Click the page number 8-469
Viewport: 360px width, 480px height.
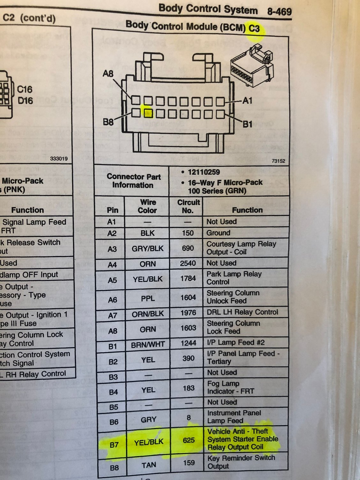click(279, 12)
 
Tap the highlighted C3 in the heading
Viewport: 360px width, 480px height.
click(254, 29)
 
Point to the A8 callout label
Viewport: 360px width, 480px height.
click(108, 74)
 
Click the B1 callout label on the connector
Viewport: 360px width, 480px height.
click(248, 124)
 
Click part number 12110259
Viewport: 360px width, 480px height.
click(204, 172)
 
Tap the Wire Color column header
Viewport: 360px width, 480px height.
click(148, 206)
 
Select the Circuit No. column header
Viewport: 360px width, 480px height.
click(188, 206)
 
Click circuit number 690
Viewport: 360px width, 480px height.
click(188, 248)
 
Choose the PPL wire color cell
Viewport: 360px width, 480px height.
click(148, 298)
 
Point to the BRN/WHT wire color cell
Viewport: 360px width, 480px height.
click(148, 344)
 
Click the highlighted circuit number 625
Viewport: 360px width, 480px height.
click(189, 440)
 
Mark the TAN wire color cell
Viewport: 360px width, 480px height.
click(149, 465)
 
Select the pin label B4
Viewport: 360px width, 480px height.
click(113, 392)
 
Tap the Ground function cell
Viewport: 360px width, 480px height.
click(218, 233)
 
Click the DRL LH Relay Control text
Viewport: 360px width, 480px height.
click(242, 312)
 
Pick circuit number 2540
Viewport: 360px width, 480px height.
click(188, 263)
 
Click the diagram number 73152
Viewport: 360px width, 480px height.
click(278, 161)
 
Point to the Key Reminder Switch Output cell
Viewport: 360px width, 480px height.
click(241, 462)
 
